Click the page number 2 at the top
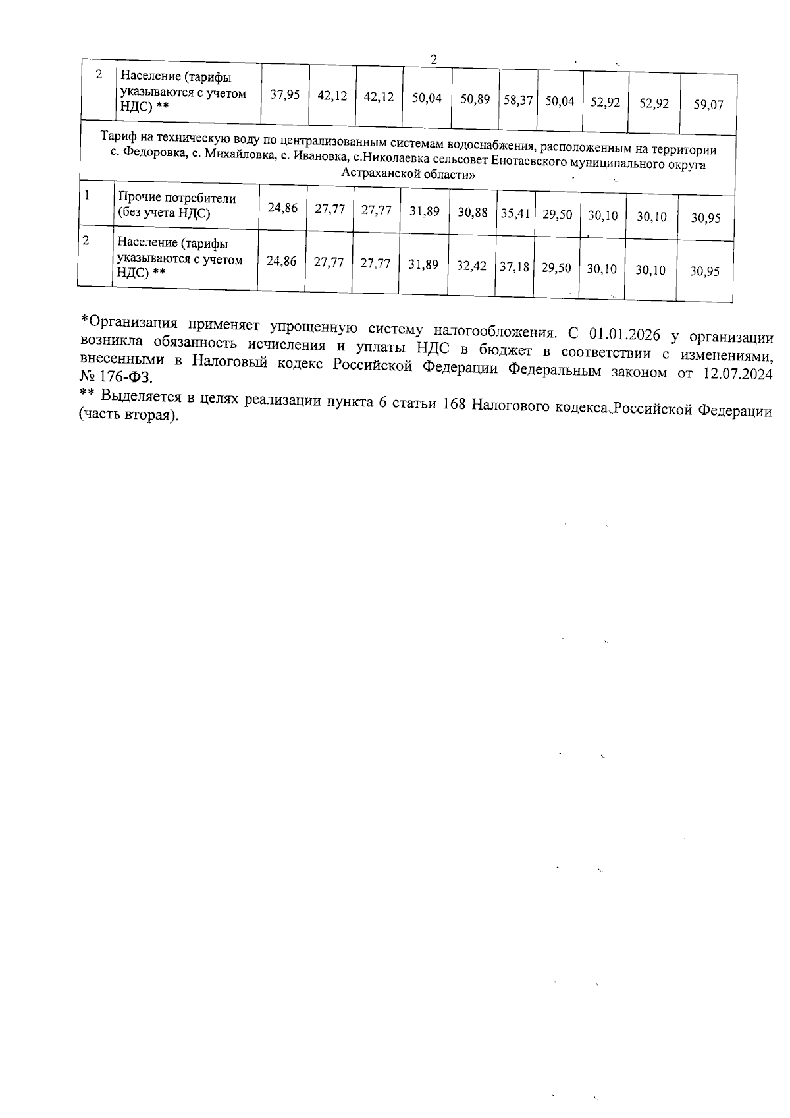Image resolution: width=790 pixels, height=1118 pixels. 434,59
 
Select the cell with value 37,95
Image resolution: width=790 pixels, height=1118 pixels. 285,95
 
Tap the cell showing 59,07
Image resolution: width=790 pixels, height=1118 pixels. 708,105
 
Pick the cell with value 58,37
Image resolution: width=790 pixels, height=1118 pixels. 518,101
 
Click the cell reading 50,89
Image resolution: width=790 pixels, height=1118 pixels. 475,99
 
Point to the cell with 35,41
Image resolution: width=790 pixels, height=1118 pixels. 515,213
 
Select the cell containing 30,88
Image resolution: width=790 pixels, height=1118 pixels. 473,213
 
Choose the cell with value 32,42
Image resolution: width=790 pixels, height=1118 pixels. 471,266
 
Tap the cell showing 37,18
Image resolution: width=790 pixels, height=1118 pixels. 514,267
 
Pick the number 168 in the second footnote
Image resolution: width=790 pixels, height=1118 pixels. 454,405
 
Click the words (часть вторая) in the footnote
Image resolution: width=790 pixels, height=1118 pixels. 129,418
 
